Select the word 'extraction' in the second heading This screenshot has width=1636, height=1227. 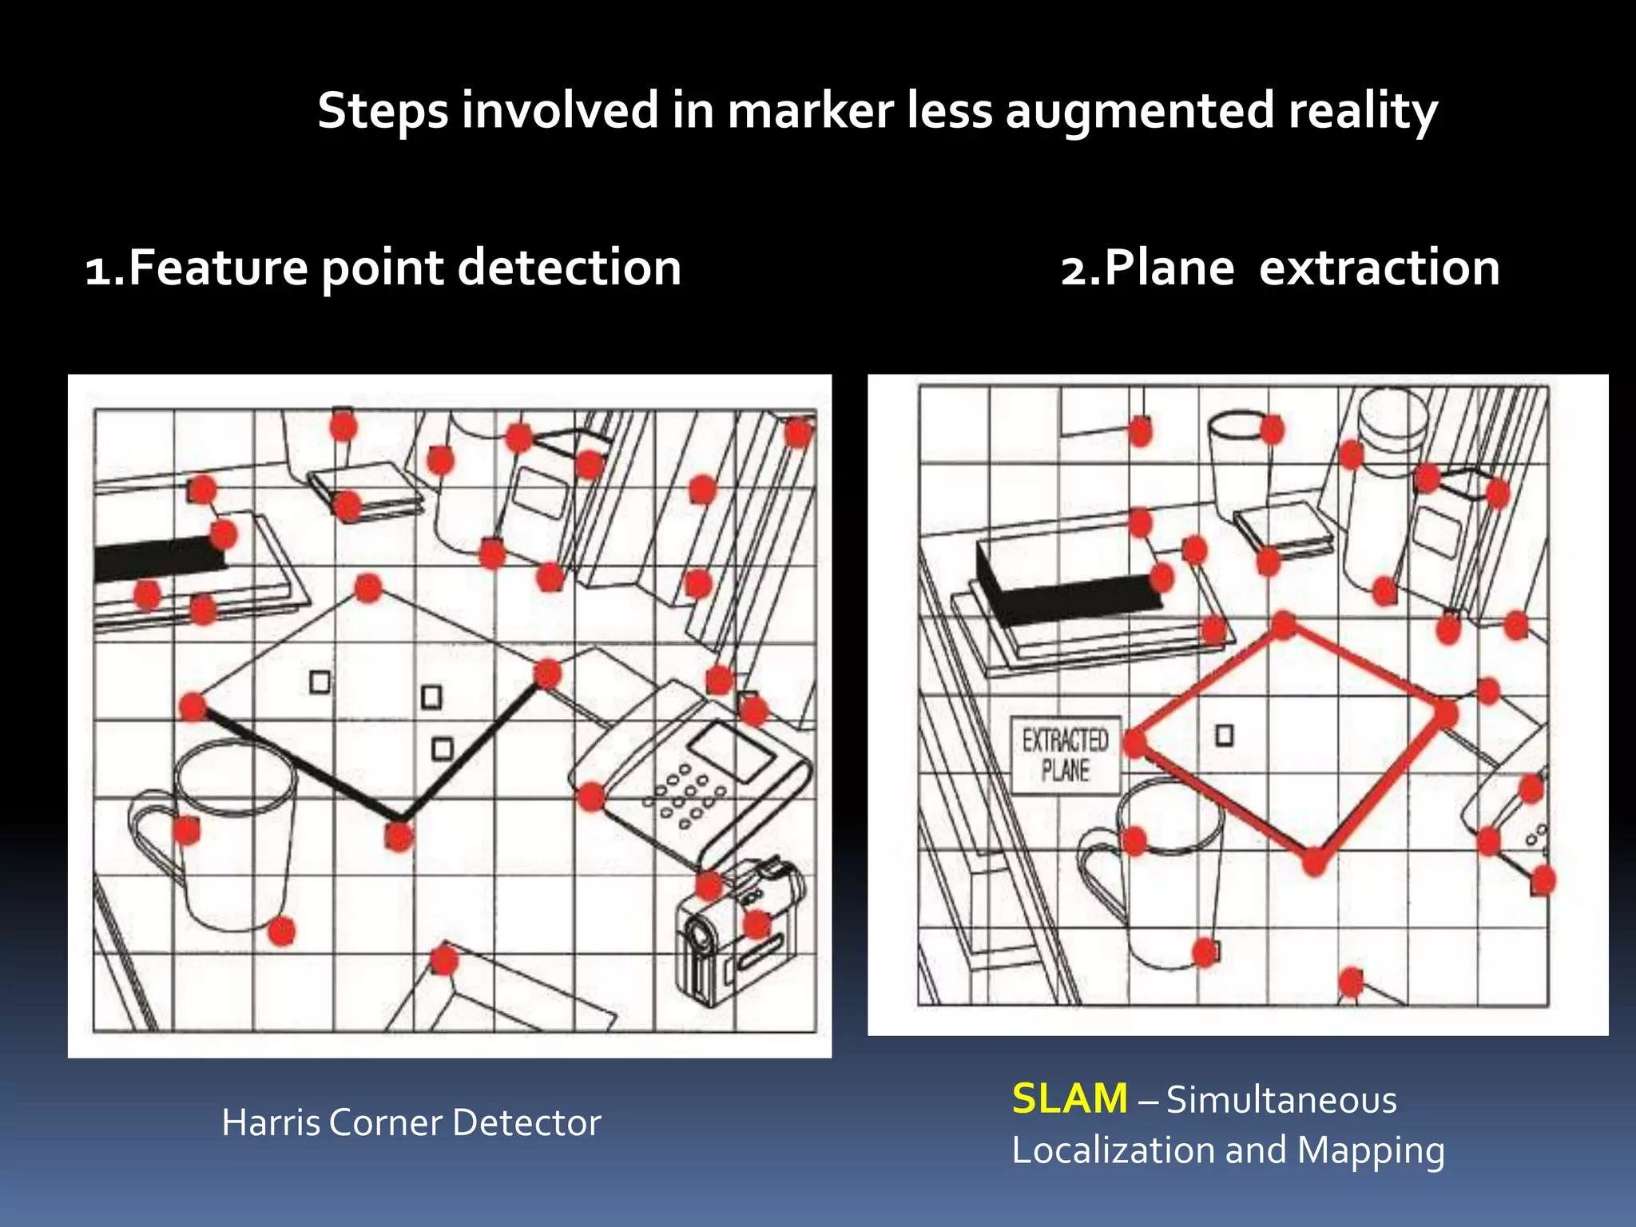(1379, 268)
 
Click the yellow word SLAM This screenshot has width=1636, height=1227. (1070, 1099)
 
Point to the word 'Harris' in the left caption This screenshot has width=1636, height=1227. (271, 1123)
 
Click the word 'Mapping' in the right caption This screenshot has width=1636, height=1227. (1371, 1151)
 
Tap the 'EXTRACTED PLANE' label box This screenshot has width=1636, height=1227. (1065, 755)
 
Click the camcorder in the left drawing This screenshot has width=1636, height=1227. (739, 931)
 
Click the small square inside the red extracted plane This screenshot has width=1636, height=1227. (1224, 735)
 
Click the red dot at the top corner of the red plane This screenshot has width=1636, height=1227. (1283, 625)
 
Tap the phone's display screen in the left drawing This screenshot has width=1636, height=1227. (730, 752)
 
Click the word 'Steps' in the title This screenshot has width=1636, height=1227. (383, 111)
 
